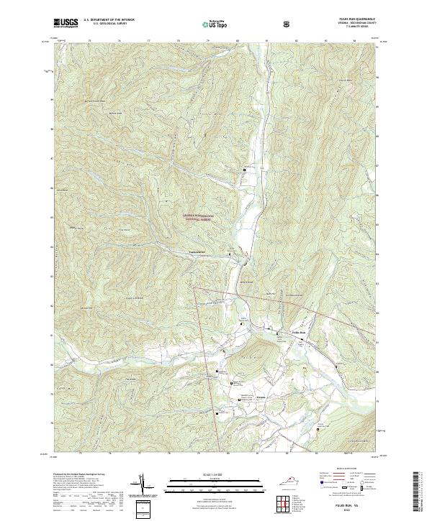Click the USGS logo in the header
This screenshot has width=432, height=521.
coord(66,23)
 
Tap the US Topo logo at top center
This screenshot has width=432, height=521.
coord(215,23)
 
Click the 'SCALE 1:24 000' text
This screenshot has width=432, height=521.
coord(215,474)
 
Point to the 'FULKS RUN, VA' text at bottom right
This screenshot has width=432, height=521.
coord(352,505)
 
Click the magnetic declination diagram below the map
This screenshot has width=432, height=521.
coord(148,485)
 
